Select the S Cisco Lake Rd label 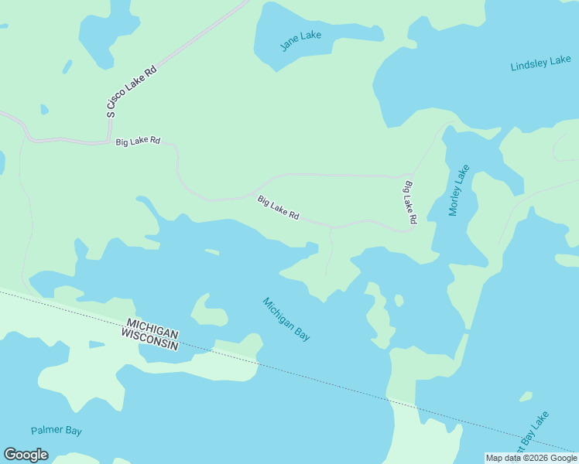[132, 91]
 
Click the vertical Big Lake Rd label [409, 203]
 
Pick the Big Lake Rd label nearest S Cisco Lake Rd [138, 142]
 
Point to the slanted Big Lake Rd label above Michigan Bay [278, 207]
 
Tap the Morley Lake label [459, 190]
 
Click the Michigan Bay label [286, 319]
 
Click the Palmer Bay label [57, 431]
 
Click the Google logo [26, 455]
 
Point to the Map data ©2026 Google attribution [531, 458]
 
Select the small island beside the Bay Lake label [526, 397]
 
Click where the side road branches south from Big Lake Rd [331, 228]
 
